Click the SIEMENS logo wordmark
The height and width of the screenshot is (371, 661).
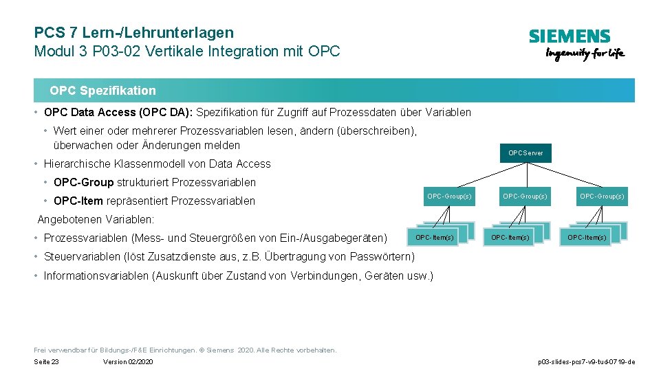(569, 36)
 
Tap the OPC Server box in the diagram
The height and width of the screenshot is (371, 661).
(525, 153)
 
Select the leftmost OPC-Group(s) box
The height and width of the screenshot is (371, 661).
(449, 196)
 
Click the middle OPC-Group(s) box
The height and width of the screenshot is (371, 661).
(525, 196)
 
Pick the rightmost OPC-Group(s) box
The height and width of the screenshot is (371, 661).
(602, 196)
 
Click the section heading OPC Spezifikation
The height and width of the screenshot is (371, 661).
(102, 91)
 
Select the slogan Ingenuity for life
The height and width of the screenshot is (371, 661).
(585, 54)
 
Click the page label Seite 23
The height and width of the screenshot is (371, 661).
(46, 362)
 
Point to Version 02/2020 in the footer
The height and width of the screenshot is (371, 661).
(128, 362)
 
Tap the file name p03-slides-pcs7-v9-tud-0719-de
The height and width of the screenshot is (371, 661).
(586, 362)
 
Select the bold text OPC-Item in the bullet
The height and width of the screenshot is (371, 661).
(78, 201)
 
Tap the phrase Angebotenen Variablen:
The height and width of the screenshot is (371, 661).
(96, 220)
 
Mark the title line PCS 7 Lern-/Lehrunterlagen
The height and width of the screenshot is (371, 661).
(134, 32)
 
